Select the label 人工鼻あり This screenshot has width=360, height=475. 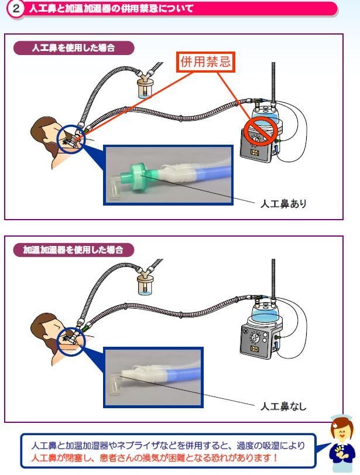(x=283, y=204)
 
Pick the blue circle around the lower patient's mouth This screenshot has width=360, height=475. (x=71, y=337)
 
